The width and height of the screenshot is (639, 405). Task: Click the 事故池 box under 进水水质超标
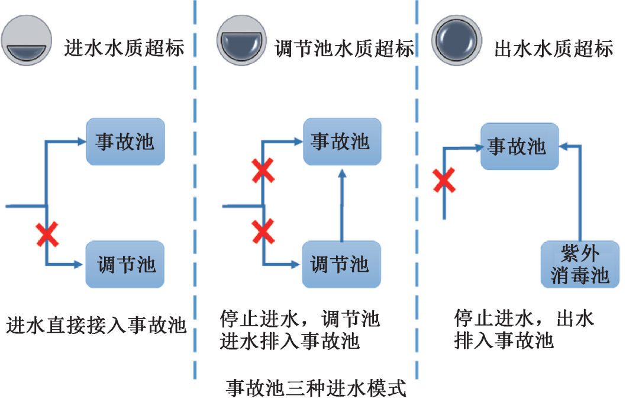(x=125, y=142)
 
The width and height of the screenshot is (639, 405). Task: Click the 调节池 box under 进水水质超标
(x=125, y=264)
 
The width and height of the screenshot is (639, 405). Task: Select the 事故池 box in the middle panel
(x=342, y=142)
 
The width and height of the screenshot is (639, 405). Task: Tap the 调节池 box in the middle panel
(x=341, y=264)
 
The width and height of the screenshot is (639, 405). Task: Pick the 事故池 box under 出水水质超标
(x=519, y=146)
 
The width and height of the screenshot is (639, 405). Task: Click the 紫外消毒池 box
(x=580, y=265)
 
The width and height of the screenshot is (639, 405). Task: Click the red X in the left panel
(x=47, y=235)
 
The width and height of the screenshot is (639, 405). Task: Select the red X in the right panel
(x=444, y=180)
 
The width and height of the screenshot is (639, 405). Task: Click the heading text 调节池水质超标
(x=345, y=48)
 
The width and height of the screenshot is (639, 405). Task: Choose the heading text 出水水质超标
(x=554, y=48)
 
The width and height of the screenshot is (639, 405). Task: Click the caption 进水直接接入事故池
(x=96, y=325)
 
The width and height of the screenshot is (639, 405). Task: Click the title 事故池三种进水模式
(x=317, y=390)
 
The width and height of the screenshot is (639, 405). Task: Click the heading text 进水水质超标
(x=124, y=48)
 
